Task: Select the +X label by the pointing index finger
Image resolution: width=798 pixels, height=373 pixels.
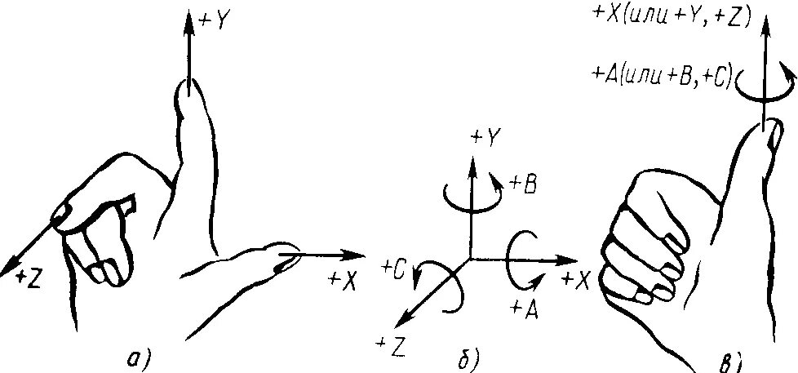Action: point(344,279)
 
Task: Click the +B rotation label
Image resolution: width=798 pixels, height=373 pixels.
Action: point(521,185)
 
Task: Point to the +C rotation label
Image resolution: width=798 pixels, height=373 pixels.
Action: point(394,266)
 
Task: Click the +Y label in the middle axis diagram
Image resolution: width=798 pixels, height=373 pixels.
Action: point(485,138)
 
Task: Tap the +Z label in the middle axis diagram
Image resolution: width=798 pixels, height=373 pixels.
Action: point(392,346)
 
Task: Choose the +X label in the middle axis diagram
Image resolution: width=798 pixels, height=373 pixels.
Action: point(576,280)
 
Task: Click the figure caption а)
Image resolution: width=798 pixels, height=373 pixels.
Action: point(140,357)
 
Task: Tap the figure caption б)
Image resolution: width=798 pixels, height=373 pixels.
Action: point(471,357)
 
